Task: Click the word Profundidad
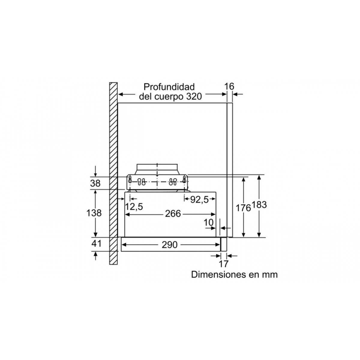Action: tap(169, 87)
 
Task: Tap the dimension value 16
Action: tap(229, 86)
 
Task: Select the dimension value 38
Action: tap(95, 184)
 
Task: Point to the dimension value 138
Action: tap(94, 213)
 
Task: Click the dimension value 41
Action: tap(96, 244)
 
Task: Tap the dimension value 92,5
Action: tap(199, 200)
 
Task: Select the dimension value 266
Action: tap(173, 214)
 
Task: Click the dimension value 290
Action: tap(169, 245)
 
